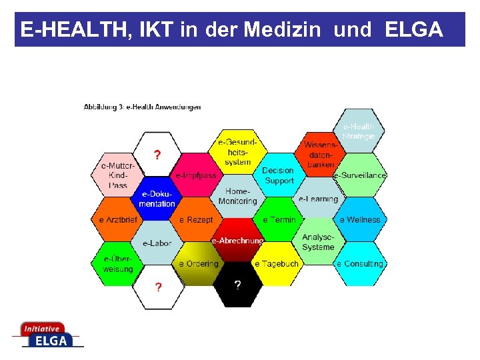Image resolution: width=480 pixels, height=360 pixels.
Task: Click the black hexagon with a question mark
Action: tap(237, 285)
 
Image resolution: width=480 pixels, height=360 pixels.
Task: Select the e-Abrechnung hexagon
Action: tap(237, 240)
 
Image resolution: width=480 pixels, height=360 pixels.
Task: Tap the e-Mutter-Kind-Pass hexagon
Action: tap(118, 175)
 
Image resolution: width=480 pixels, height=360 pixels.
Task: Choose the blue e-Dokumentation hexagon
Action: tap(157, 198)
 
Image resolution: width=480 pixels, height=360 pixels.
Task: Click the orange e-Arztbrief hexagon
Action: tap(118, 219)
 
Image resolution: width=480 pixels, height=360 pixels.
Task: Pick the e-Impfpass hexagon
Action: tap(196, 175)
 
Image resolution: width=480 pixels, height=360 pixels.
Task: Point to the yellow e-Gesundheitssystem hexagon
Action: tap(238, 152)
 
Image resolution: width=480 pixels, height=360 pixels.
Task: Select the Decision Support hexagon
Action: tap(279, 175)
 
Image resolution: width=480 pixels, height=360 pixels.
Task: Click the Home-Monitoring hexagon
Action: tap(237, 197)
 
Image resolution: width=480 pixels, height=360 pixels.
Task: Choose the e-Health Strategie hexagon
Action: tap(359, 131)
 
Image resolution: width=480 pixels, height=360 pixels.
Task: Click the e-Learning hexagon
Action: tap(319, 199)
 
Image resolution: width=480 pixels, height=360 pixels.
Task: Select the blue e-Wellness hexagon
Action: tap(359, 219)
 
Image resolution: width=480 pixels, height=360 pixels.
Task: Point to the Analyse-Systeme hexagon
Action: tap(319, 242)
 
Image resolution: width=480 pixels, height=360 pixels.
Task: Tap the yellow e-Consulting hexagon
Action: tap(359, 263)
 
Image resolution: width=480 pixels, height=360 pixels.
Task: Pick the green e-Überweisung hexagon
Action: tap(118, 263)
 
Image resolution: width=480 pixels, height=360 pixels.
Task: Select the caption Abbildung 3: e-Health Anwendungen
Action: tap(142, 107)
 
